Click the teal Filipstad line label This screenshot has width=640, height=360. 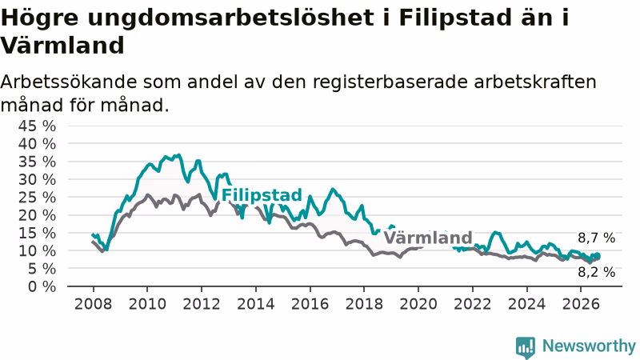point(262,195)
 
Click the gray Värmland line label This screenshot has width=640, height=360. point(428,238)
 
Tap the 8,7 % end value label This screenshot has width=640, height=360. point(596,238)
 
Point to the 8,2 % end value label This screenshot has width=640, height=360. point(596,272)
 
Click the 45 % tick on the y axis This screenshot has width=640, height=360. point(37,126)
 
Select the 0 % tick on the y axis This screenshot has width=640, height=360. point(42,286)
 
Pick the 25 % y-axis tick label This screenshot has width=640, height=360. point(37,197)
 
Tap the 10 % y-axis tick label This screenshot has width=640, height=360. point(37,250)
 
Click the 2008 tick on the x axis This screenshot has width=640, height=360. point(93,304)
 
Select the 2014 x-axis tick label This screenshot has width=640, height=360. point(256,304)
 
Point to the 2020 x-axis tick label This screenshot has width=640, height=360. point(418,304)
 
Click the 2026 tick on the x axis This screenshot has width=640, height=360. point(581,304)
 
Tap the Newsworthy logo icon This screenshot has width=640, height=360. point(526,347)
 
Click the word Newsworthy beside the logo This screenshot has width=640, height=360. point(589,346)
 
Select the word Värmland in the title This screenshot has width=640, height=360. point(62,45)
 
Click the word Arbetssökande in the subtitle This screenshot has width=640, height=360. point(69,82)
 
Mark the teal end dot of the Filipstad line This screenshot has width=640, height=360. point(598,255)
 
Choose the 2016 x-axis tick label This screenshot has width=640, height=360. point(310,304)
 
